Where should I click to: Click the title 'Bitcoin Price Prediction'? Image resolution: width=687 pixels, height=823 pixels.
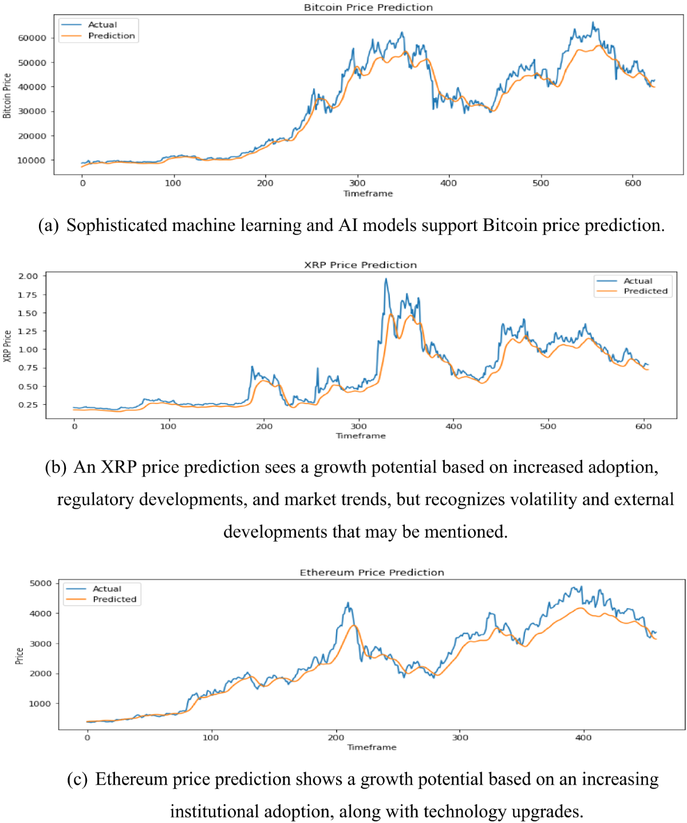click(368, 7)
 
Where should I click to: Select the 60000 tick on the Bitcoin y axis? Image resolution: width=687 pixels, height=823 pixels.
click(32, 38)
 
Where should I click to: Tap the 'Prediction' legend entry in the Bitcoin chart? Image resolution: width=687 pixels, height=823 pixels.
click(111, 36)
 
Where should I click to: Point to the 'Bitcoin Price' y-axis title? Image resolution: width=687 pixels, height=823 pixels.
click(7, 96)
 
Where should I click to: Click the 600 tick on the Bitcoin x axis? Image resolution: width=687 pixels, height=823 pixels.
click(633, 183)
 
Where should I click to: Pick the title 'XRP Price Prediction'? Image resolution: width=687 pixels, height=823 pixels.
click(360, 265)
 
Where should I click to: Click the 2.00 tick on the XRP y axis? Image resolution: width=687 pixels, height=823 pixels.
click(28, 276)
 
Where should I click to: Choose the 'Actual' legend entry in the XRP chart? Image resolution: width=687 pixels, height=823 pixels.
click(638, 281)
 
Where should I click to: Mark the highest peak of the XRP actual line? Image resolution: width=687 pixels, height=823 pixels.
click(386, 279)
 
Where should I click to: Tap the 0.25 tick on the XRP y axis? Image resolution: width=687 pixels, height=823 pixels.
click(28, 405)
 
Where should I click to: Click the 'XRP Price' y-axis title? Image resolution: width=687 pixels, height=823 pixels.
click(7, 346)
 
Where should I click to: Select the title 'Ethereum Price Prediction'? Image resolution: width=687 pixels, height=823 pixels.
click(372, 573)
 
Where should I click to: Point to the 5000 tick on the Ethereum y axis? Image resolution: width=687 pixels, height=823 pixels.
click(41, 583)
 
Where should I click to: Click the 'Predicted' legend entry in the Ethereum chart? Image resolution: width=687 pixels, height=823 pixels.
click(114, 599)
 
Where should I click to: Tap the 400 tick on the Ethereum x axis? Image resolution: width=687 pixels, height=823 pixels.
click(583, 738)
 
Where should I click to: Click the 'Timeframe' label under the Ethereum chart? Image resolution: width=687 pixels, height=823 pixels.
click(372, 747)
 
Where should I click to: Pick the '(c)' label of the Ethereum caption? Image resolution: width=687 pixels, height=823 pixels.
click(77, 779)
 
